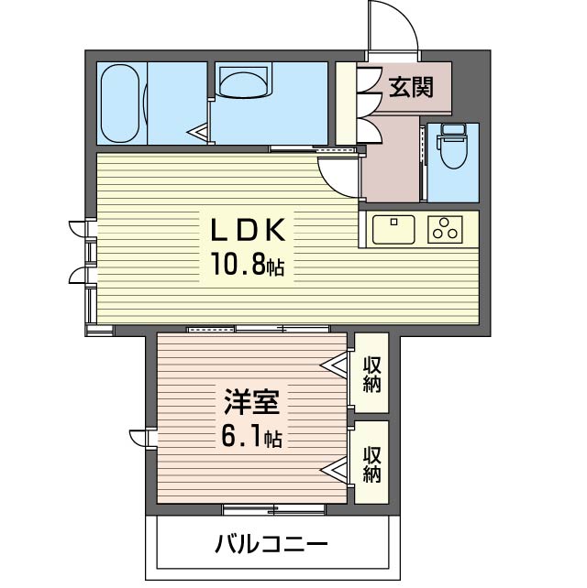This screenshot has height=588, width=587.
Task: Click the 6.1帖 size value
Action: click(250, 437)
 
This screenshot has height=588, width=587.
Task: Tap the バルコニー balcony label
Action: click(271, 546)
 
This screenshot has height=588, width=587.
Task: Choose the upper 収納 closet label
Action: click(371, 373)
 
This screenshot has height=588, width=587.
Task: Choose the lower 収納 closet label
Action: click(371, 463)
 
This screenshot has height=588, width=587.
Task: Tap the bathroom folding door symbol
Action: click(201, 134)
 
